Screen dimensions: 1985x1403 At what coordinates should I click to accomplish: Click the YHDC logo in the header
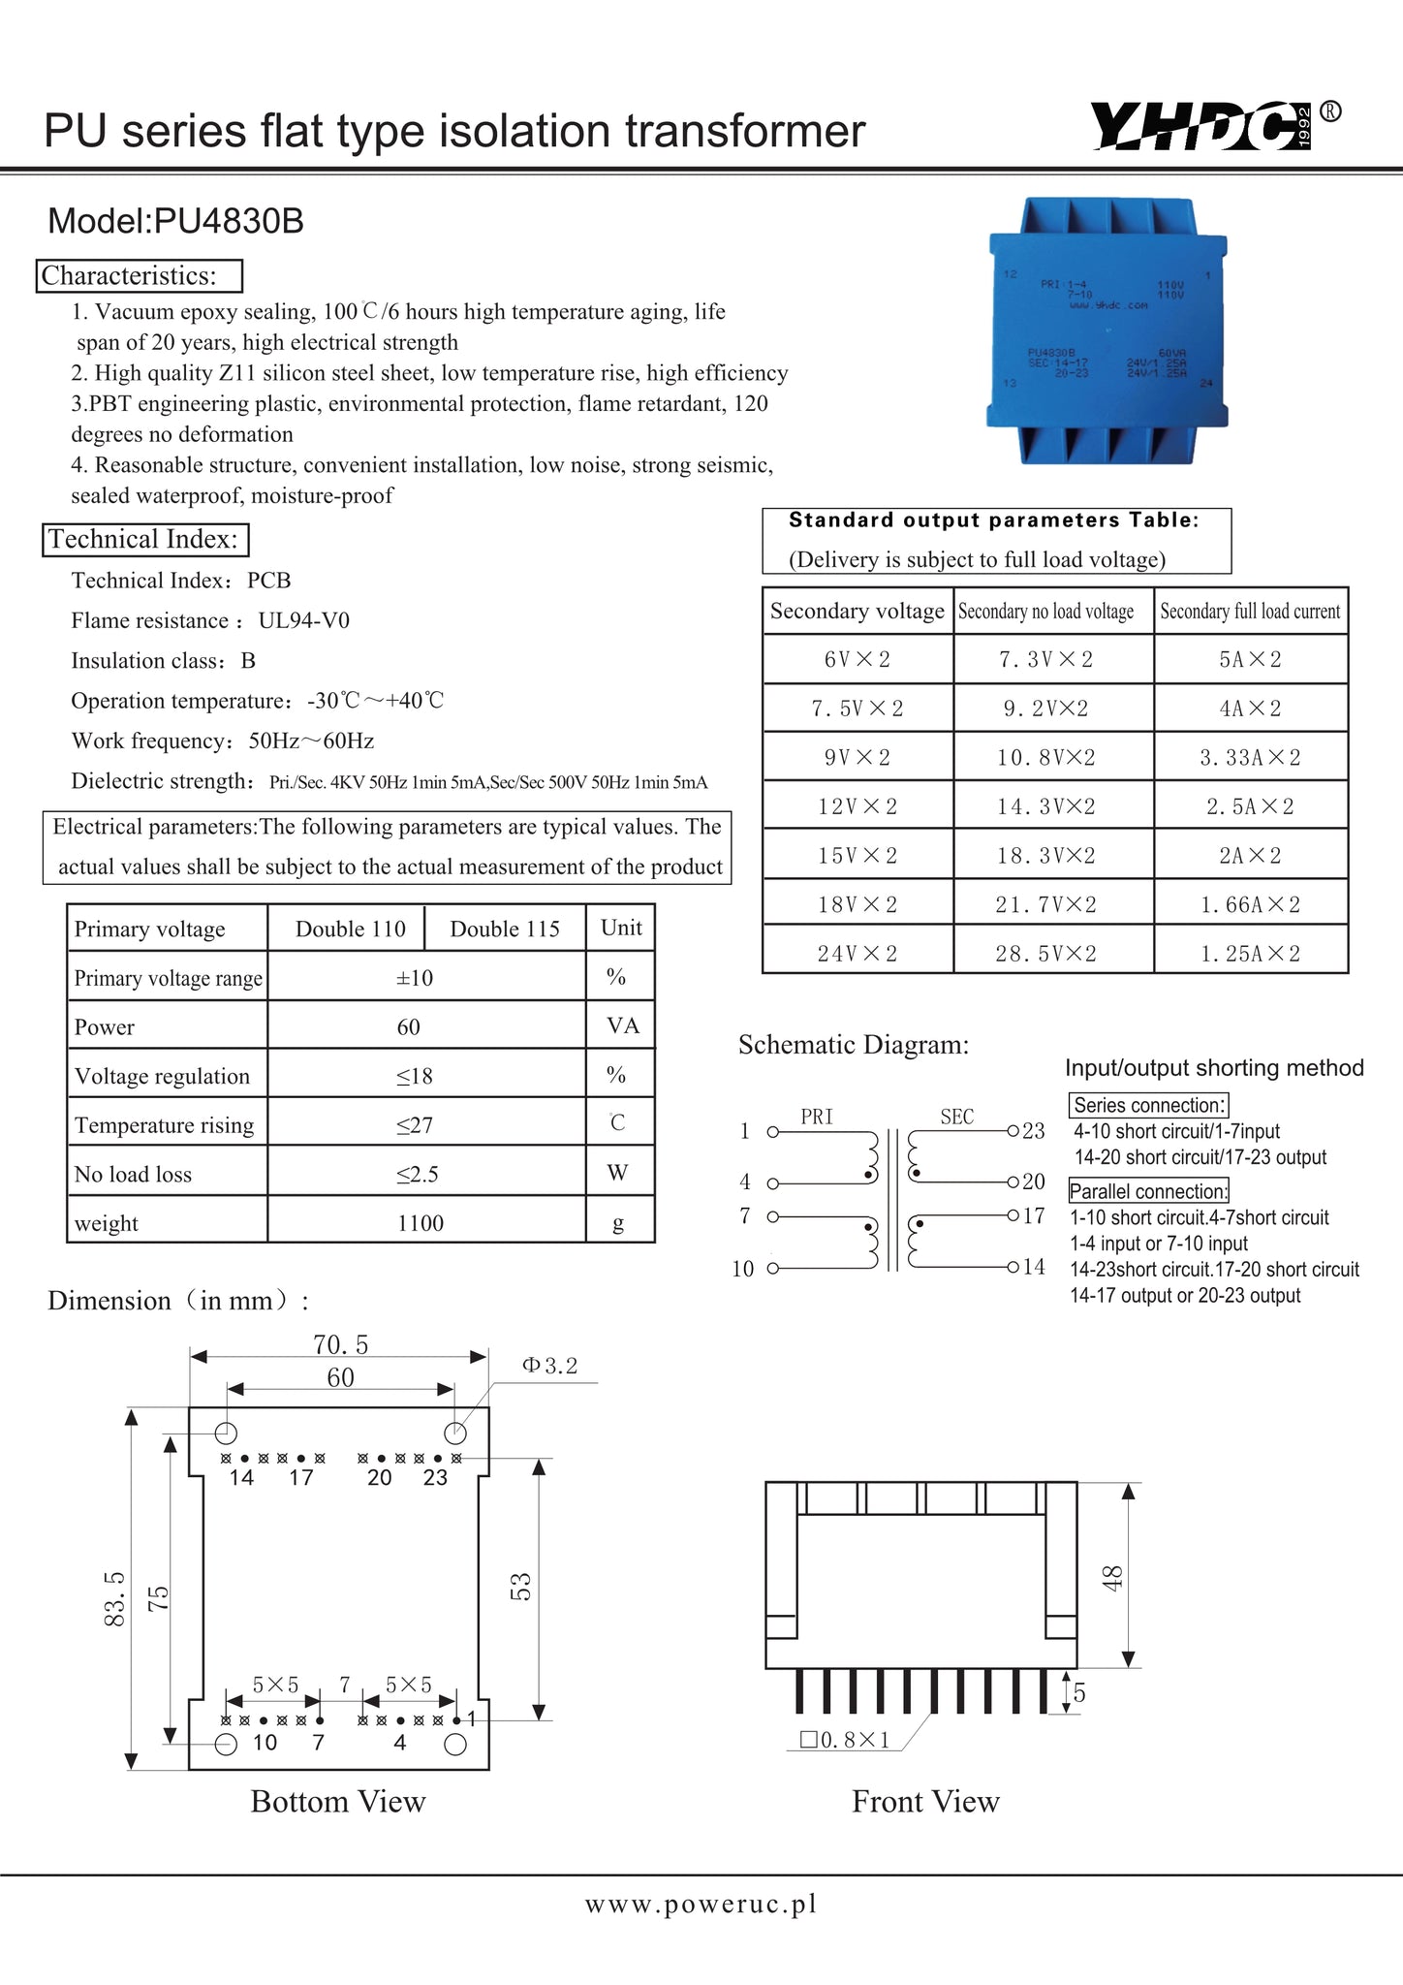click(x=1205, y=126)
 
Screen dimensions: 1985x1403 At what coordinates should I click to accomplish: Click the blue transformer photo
click(x=1108, y=330)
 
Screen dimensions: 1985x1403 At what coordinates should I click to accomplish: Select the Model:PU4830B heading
click(x=175, y=222)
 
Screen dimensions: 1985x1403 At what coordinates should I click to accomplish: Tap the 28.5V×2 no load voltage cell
click(x=1046, y=954)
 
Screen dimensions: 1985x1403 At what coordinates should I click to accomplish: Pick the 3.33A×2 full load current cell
click(x=1250, y=758)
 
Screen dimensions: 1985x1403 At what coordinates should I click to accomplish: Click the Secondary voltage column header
click(x=857, y=612)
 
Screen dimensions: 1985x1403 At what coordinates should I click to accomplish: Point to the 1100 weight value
click(x=421, y=1223)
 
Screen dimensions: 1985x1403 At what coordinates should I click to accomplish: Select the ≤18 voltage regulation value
click(x=414, y=1076)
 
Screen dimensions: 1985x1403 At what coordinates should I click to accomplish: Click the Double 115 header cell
click(x=505, y=929)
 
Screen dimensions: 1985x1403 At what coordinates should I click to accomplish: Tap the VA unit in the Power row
click(x=622, y=1025)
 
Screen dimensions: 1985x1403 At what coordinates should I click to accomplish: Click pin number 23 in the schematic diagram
click(x=1034, y=1131)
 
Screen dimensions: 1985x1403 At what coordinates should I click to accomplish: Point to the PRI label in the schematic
click(x=817, y=1117)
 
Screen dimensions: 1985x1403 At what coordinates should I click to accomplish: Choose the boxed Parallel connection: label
click(x=1148, y=1191)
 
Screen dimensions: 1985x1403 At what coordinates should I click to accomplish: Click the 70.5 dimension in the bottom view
click(x=340, y=1344)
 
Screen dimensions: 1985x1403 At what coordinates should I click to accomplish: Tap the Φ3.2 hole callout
click(x=550, y=1366)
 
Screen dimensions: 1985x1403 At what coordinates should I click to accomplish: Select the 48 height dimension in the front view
click(x=1112, y=1578)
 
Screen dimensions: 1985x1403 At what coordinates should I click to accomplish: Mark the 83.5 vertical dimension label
click(x=114, y=1598)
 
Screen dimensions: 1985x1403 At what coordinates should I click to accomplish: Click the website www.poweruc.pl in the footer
click(x=701, y=1904)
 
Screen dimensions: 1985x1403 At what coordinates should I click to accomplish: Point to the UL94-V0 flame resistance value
click(x=304, y=620)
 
